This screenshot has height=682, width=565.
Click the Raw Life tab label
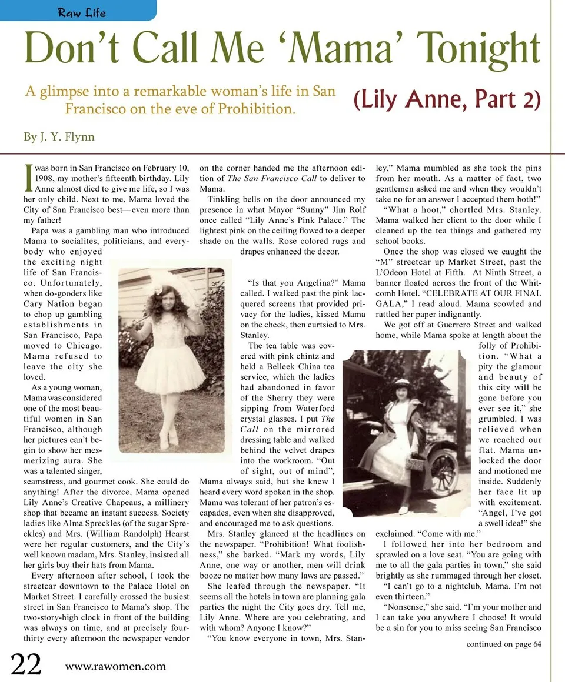[81, 11]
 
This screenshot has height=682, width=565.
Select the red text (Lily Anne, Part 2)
[447, 99]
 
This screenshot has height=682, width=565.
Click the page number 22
[26, 664]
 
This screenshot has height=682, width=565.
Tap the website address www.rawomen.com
[115, 666]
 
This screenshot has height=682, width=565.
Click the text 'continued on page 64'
[503, 643]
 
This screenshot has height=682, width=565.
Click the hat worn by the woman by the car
[402, 384]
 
